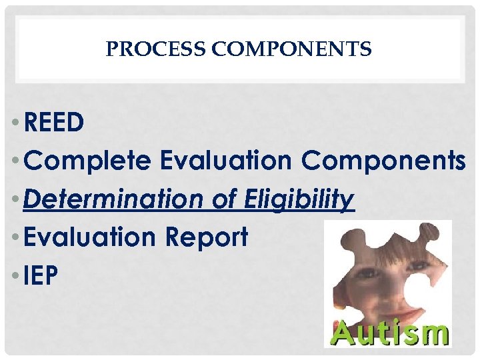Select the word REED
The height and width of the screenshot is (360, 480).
click(53, 122)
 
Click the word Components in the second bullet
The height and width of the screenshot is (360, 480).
click(383, 161)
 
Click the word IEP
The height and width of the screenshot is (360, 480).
click(41, 275)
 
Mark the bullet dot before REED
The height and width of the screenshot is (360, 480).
click(15, 123)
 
